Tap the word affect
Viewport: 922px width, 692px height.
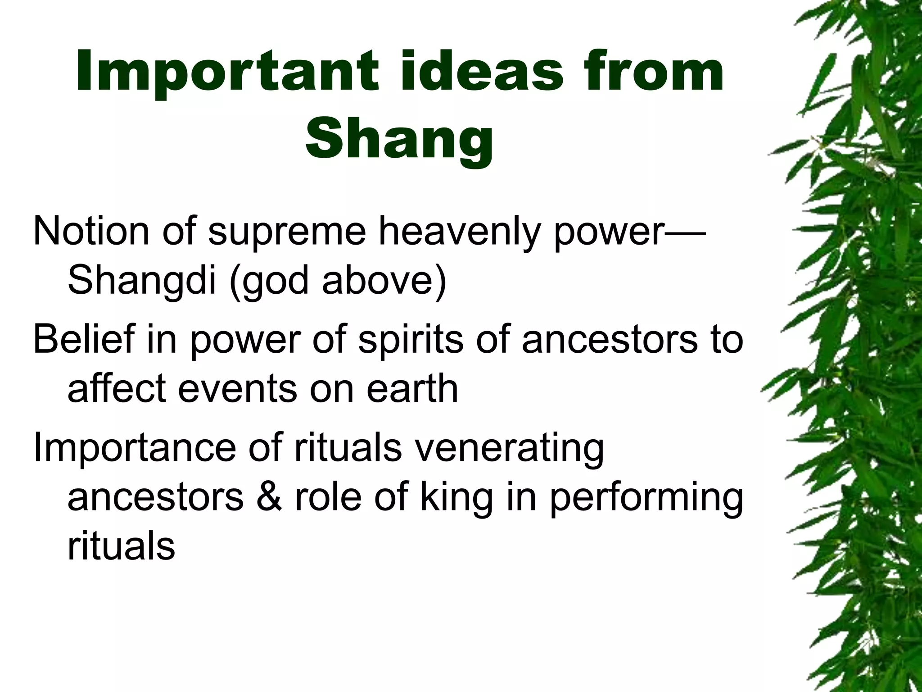[117, 388]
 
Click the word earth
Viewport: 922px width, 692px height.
[412, 388]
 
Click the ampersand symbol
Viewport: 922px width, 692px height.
[269, 497]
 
